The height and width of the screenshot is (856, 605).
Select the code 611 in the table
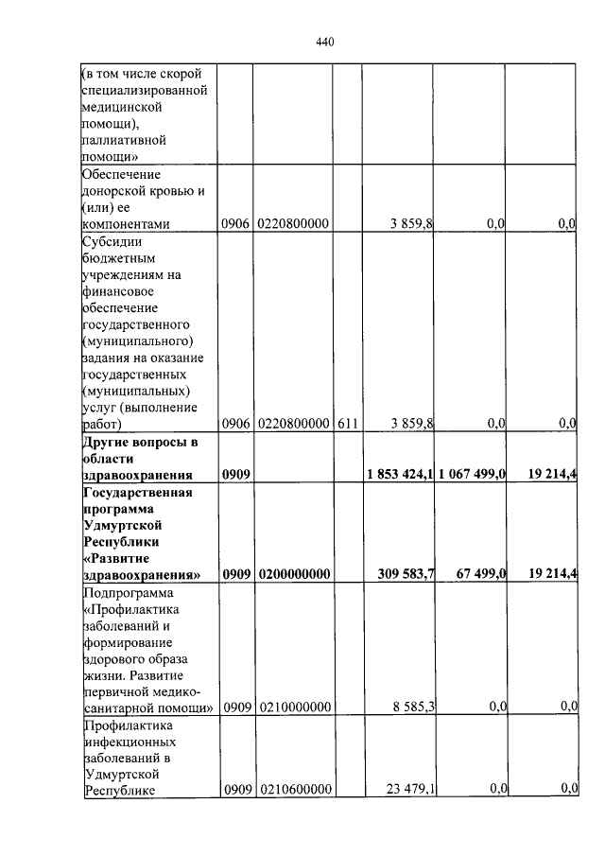pos(346,425)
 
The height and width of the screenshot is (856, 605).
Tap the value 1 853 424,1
pos(400,474)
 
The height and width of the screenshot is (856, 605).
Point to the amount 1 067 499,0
pos(472,474)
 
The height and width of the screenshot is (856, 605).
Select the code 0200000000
pos(293,574)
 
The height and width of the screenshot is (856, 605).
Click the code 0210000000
pos(293,707)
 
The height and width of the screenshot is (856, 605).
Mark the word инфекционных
pos(125,741)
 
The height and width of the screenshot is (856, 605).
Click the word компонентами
pos(126,224)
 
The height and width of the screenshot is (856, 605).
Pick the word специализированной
pos(144,91)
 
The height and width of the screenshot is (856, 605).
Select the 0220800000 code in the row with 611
pos(293,425)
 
